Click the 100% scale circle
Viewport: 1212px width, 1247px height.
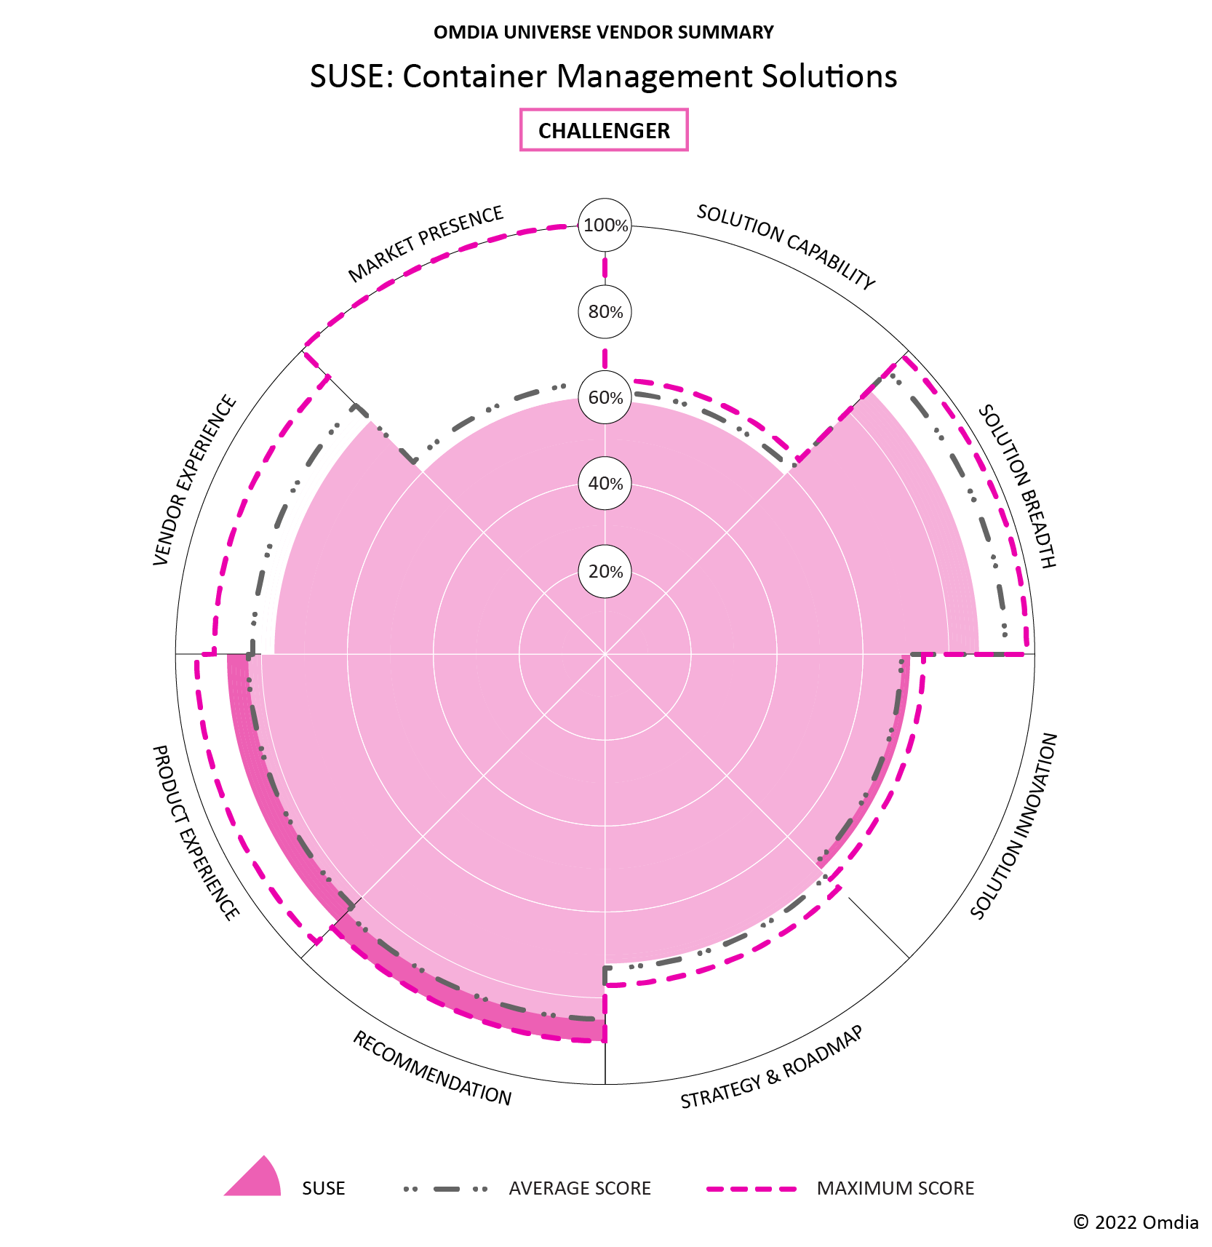pyautogui.click(x=605, y=226)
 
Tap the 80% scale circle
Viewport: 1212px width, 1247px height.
pyautogui.click(x=605, y=312)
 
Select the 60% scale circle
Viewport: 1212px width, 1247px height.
pyautogui.click(x=605, y=397)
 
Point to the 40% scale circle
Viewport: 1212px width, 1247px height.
pyautogui.click(x=605, y=484)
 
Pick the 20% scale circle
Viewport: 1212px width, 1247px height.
pyautogui.click(x=605, y=572)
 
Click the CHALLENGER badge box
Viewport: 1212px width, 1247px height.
pyautogui.click(x=604, y=130)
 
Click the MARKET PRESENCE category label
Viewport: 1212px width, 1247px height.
pyautogui.click(x=426, y=244)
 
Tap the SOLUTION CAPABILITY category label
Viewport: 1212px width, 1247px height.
pyautogui.click(x=786, y=247)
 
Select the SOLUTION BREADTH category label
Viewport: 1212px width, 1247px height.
pyautogui.click(x=1016, y=486)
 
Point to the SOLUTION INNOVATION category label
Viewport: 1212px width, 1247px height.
pyautogui.click(x=1013, y=826)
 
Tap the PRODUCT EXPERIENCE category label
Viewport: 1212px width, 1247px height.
pyautogui.click(x=195, y=832)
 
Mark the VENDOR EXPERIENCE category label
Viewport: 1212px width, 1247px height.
pyautogui.click(x=195, y=480)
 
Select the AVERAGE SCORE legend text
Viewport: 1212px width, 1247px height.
pyautogui.click(x=579, y=1188)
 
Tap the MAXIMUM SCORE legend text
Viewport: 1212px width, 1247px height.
pyautogui.click(x=895, y=1188)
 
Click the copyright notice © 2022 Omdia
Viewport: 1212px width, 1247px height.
pyautogui.click(x=1136, y=1222)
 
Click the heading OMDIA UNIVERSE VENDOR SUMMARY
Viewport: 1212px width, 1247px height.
pyautogui.click(x=604, y=32)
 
